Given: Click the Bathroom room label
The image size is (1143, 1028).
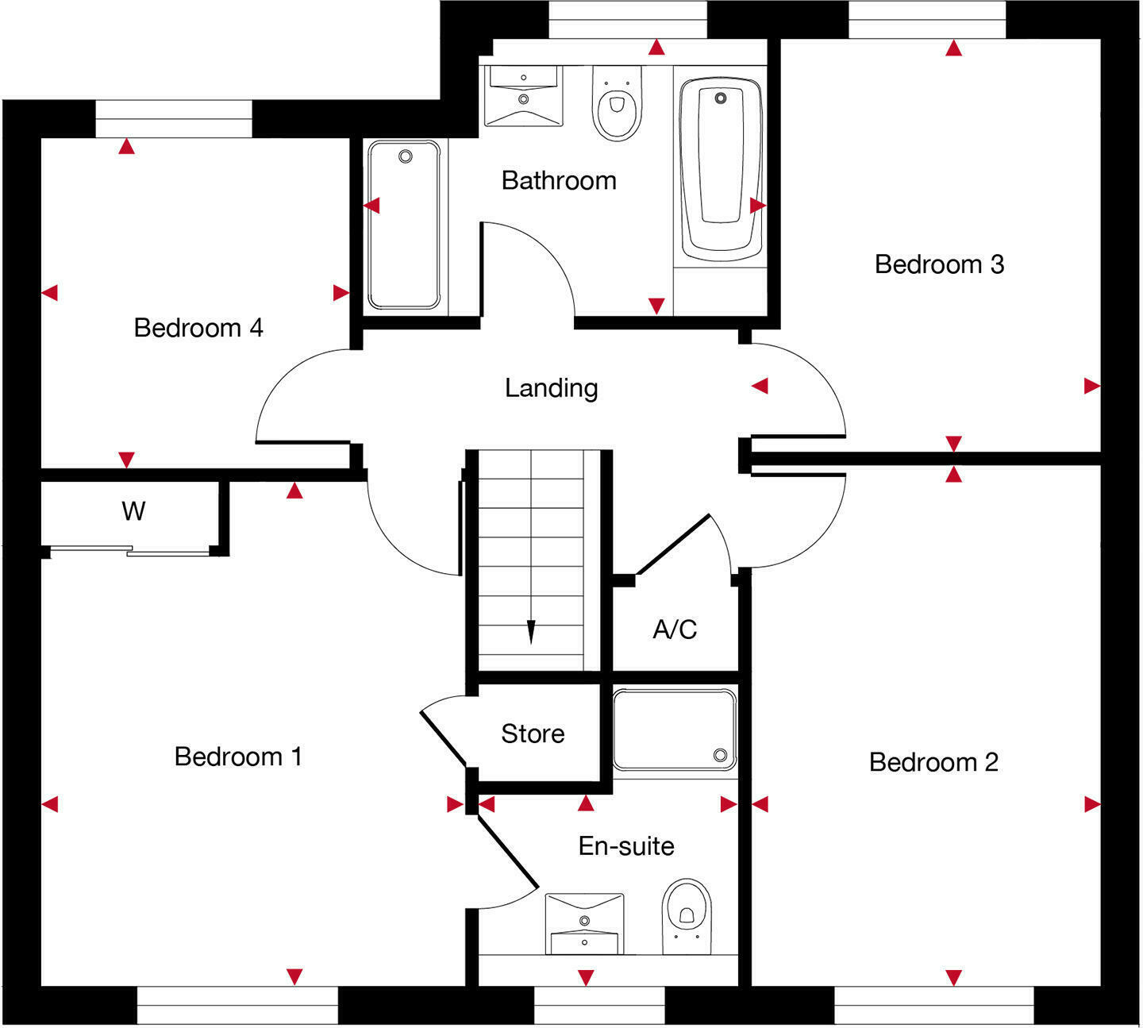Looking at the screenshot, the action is click(x=559, y=181).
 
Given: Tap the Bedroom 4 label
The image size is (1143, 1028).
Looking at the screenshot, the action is click(x=198, y=328).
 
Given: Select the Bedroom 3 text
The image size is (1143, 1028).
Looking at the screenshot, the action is click(x=939, y=264).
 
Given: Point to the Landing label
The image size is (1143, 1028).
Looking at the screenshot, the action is click(x=551, y=388).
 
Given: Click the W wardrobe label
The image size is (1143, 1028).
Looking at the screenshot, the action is click(x=133, y=511).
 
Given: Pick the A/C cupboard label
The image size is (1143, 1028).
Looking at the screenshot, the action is click(x=675, y=630).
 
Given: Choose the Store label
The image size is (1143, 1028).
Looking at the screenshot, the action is click(x=533, y=733).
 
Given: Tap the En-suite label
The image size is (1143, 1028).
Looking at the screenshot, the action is click(x=626, y=846).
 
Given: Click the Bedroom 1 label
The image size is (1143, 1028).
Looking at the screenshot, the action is click(x=238, y=757).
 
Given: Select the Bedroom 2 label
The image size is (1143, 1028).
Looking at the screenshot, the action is click(x=933, y=763).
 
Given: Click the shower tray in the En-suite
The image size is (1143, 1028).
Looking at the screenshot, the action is click(x=675, y=730).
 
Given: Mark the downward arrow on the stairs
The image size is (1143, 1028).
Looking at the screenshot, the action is click(x=531, y=632).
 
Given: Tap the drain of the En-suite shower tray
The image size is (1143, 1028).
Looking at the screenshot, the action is click(x=720, y=754).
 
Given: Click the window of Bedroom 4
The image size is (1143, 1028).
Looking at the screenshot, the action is click(x=174, y=119).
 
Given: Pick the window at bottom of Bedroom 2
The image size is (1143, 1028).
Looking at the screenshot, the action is click(x=934, y=1005).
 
